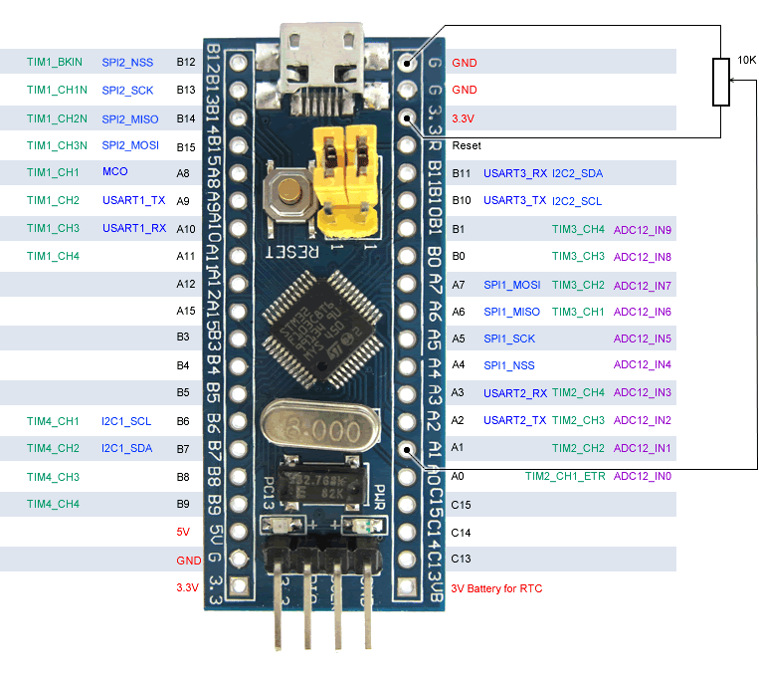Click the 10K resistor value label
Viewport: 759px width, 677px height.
[x=745, y=61]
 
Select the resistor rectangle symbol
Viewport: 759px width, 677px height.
[x=721, y=83]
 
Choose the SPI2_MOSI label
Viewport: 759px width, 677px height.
[x=129, y=145]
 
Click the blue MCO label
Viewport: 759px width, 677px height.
[x=114, y=172]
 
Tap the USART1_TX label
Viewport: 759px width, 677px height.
[x=133, y=200]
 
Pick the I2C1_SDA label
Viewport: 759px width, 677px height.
[x=126, y=449]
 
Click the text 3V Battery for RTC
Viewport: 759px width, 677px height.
[x=496, y=588]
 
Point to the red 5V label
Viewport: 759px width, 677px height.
[x=182, y=533]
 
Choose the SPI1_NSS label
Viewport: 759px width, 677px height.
[x=508, y=365]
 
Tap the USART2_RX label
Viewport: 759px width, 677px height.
[x=515, y=393]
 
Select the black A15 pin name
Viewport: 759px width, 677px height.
[x=182, y=312]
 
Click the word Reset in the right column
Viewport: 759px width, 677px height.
[x=466, y=145]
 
